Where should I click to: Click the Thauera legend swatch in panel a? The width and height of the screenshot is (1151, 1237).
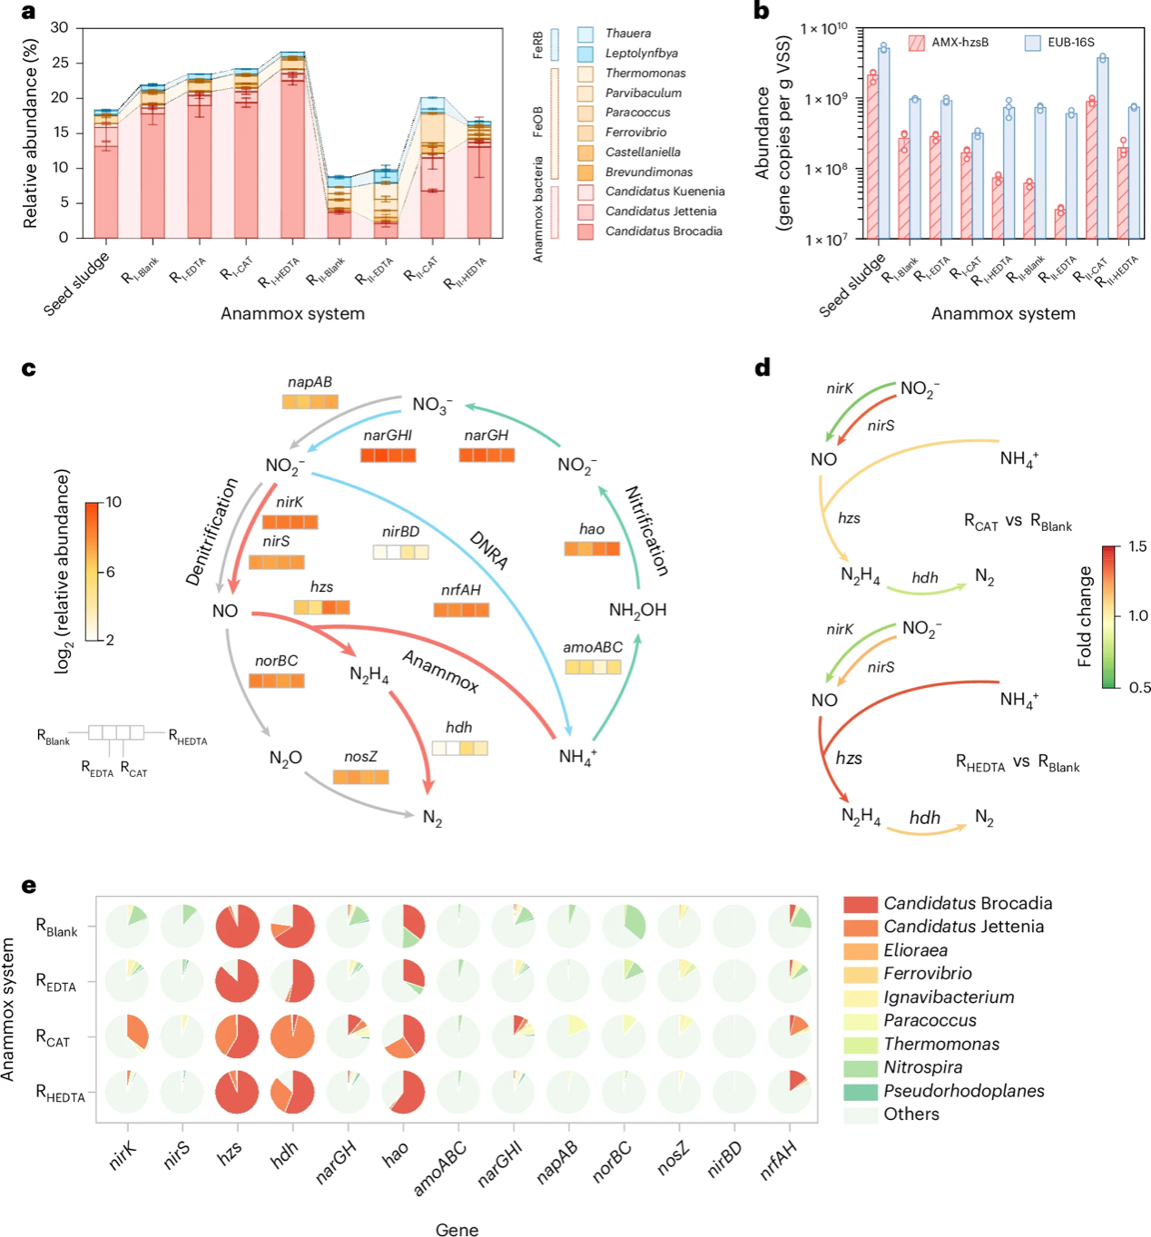click(585, 34)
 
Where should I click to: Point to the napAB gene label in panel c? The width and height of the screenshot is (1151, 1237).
click(310, 382)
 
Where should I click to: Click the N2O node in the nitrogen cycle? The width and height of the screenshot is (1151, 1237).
click(285, 758)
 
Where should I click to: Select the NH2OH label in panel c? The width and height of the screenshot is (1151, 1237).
click(637, 610)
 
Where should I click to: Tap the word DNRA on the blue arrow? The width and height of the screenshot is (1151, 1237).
click(488, 550)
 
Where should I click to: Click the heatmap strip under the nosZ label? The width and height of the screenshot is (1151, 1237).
click(360, 777)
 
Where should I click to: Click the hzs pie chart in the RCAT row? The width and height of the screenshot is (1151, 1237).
click(237, 1036)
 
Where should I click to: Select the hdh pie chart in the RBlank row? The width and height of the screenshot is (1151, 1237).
click(292, 926)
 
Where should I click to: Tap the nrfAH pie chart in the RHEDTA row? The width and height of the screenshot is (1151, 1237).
click(789, 1092)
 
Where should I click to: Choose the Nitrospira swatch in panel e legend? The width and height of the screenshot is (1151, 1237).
click(860, 1068)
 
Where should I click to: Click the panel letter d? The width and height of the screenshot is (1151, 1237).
click(762, 367)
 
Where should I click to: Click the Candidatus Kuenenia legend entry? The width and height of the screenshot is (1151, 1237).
click(664, 191)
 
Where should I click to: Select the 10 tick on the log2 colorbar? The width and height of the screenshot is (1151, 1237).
click(113, 502)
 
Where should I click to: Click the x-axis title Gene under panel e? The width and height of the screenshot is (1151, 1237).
click(457, 1230)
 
